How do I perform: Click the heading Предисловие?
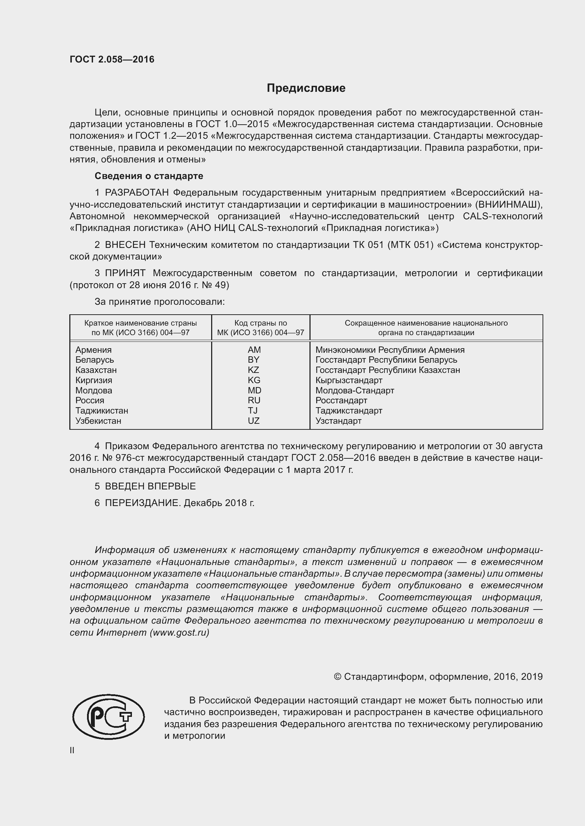[306, 88]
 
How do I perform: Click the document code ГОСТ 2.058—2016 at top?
[112, 59]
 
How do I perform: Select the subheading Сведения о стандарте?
[149, 176]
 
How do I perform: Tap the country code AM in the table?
[254, 350]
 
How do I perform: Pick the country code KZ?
[253, 370]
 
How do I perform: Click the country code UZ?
[254, 421]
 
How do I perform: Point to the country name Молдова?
[94, 390]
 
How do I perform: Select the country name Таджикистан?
[102, 410]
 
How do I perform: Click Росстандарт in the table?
[341, 400]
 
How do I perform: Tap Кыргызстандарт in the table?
[349, 380]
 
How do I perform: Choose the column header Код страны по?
[260, 323]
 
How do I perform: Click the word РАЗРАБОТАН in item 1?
[137, 193]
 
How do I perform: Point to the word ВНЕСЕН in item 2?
[125, 245]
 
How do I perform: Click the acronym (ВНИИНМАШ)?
[509, 204]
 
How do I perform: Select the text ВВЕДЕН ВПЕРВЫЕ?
[150, 486]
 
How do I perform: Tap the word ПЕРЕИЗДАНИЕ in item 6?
[142, 503]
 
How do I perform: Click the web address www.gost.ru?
[179, 632]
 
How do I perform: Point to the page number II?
[72, 750]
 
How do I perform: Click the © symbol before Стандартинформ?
[337, 677]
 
